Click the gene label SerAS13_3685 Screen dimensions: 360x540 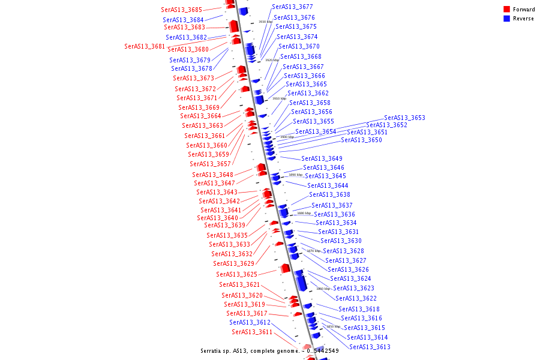181,10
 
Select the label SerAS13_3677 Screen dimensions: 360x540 292,7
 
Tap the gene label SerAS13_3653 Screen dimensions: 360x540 404,118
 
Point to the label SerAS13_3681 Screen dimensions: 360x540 145,46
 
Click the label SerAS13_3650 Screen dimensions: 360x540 361,140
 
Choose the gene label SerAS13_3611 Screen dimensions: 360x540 252,332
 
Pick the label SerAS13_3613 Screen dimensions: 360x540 370,347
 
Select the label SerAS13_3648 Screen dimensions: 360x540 212,175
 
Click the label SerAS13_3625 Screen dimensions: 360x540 236,274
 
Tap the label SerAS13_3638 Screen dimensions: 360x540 329,194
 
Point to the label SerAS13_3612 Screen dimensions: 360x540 250,322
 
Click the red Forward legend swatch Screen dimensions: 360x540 507,10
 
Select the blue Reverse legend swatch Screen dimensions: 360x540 507,19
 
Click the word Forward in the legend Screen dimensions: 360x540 524,10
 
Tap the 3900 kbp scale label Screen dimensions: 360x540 287,137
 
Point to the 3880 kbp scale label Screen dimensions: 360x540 304,213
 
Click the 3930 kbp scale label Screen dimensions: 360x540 265,22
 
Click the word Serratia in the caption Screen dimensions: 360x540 213,351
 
